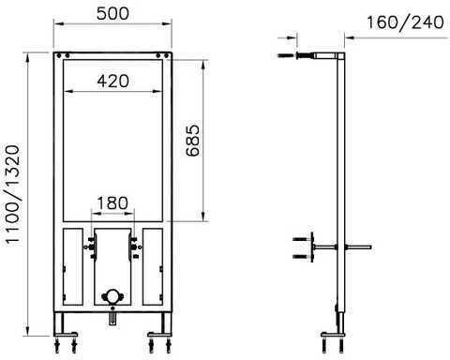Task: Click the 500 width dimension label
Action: point(112,13)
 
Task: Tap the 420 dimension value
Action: point(112,81)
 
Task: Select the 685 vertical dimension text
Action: point(192,141)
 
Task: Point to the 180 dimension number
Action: point(112,202)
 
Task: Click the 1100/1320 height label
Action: point(13,195)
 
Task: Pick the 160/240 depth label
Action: point(405,22)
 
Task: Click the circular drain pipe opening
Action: point(112,296)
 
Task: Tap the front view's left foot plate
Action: point(66,334)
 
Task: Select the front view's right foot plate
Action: point(159,334)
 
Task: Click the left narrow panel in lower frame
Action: point(73,266)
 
